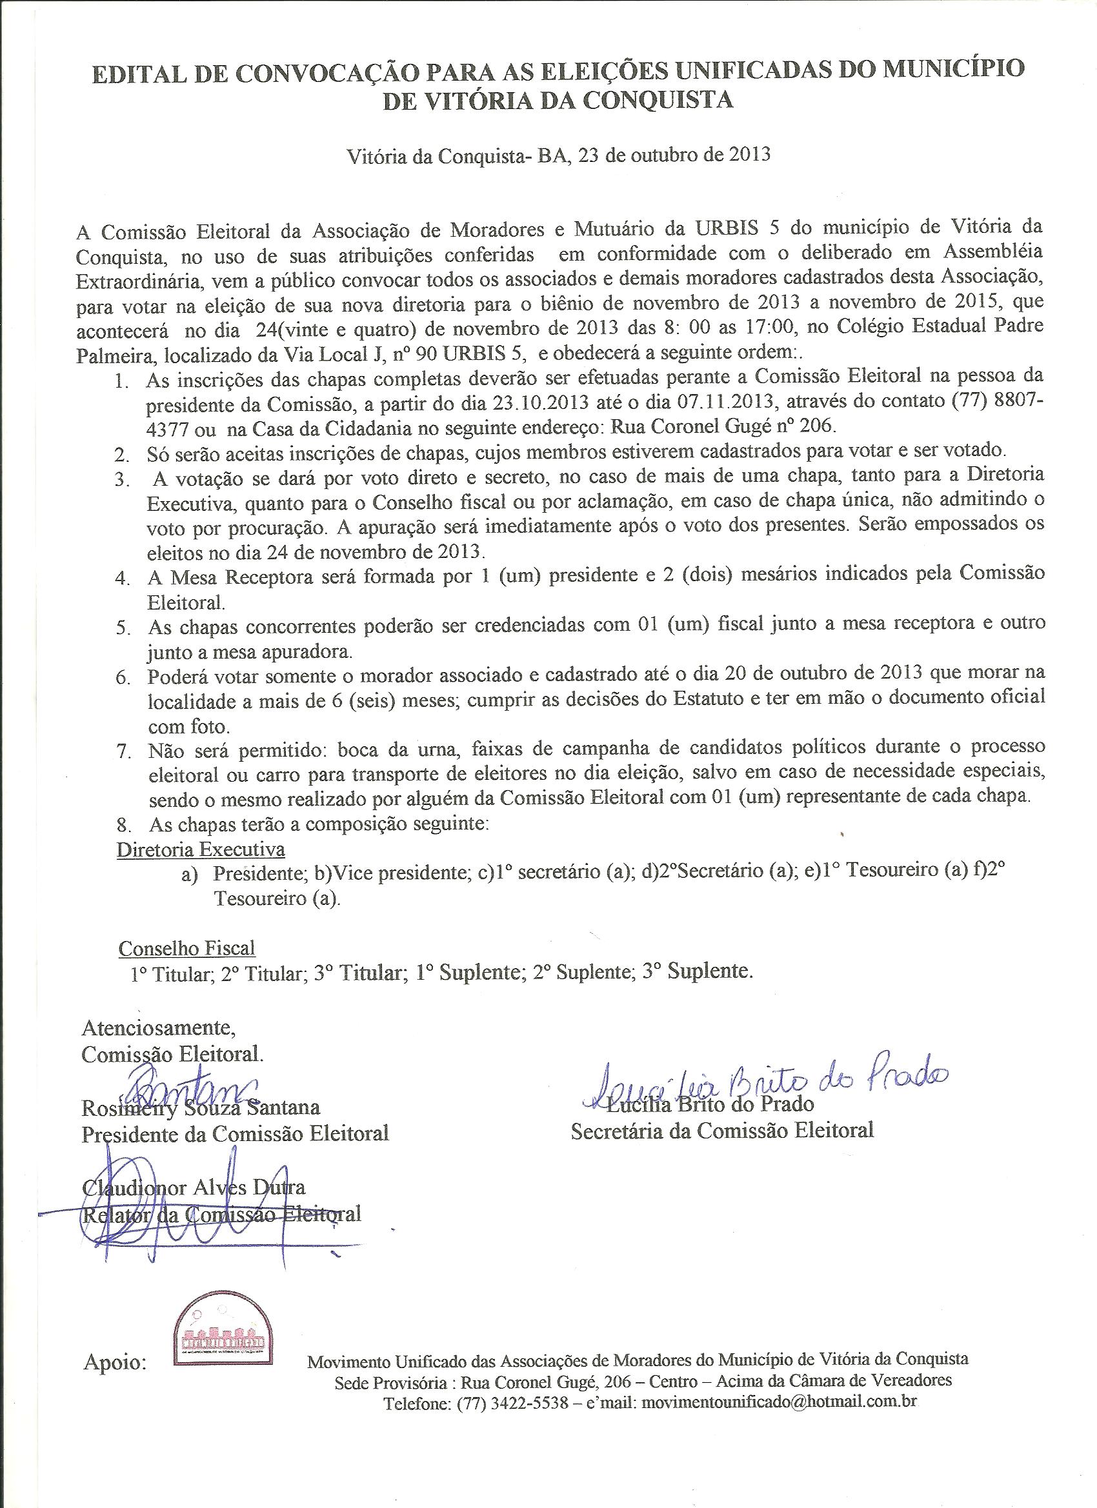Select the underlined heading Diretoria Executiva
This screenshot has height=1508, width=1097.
(x=201, y=849)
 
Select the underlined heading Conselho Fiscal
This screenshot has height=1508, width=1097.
(x=187, y=947)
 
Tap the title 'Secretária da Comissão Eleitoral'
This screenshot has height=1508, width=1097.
(x=722, y=1130)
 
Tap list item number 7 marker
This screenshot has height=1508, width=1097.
(x=123, y=752)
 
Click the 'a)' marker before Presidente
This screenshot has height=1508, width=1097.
(x=190, y=877)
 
